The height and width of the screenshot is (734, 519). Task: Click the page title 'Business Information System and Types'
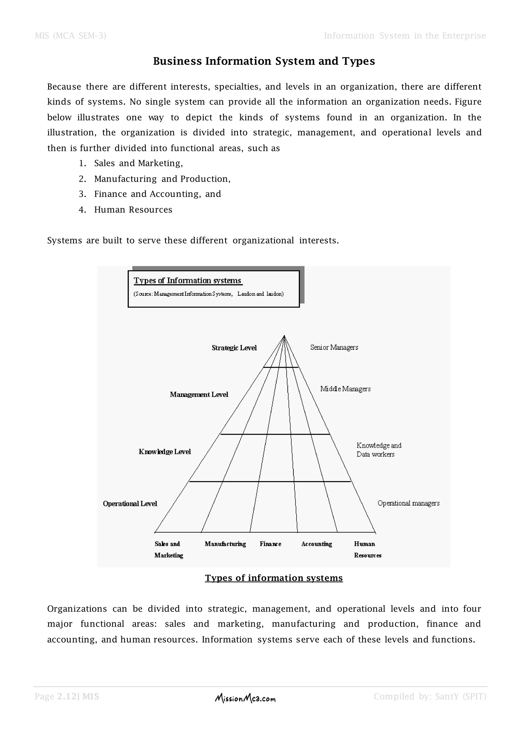264,61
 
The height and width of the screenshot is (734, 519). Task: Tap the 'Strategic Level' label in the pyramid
234,348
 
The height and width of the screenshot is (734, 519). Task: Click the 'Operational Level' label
130,504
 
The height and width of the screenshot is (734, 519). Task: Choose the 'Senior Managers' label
334,347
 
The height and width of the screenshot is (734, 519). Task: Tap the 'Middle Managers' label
345,389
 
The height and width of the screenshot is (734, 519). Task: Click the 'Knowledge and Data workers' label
378,450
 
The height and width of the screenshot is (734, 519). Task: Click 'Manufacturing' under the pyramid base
225,544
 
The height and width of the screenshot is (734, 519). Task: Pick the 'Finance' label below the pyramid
270,544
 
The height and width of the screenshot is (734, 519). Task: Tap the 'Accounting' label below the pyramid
316,544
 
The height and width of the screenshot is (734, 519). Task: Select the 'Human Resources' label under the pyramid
367,549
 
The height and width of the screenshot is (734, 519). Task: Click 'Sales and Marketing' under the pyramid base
169,549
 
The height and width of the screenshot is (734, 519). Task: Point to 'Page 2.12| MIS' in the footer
67,696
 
